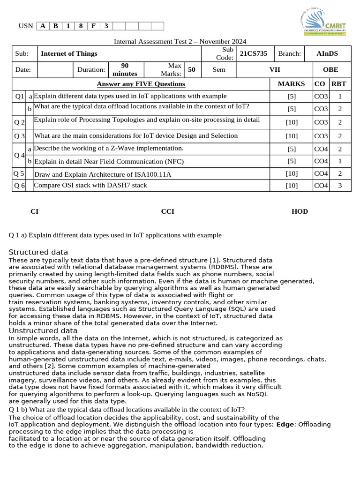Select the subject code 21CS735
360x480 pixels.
[253, 53]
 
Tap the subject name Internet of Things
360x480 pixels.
[69, 53]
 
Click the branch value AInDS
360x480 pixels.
[327, 53]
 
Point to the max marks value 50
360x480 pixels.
[191, 69]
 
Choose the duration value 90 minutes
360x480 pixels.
[125, 69]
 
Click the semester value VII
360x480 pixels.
[275, 69]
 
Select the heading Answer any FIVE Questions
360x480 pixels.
[141, 84]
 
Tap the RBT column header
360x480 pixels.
[338, 84]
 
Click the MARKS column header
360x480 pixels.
[291, 84]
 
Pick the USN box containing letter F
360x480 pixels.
[93, 26]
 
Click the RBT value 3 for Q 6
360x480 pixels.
[340, 186]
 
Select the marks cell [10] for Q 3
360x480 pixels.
[292, 136]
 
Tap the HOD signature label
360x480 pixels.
[300, 211]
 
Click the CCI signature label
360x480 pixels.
[167, 211]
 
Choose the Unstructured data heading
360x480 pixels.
[43, 330]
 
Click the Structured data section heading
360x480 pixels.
[38, 252]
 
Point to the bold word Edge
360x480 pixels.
[285, 424]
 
